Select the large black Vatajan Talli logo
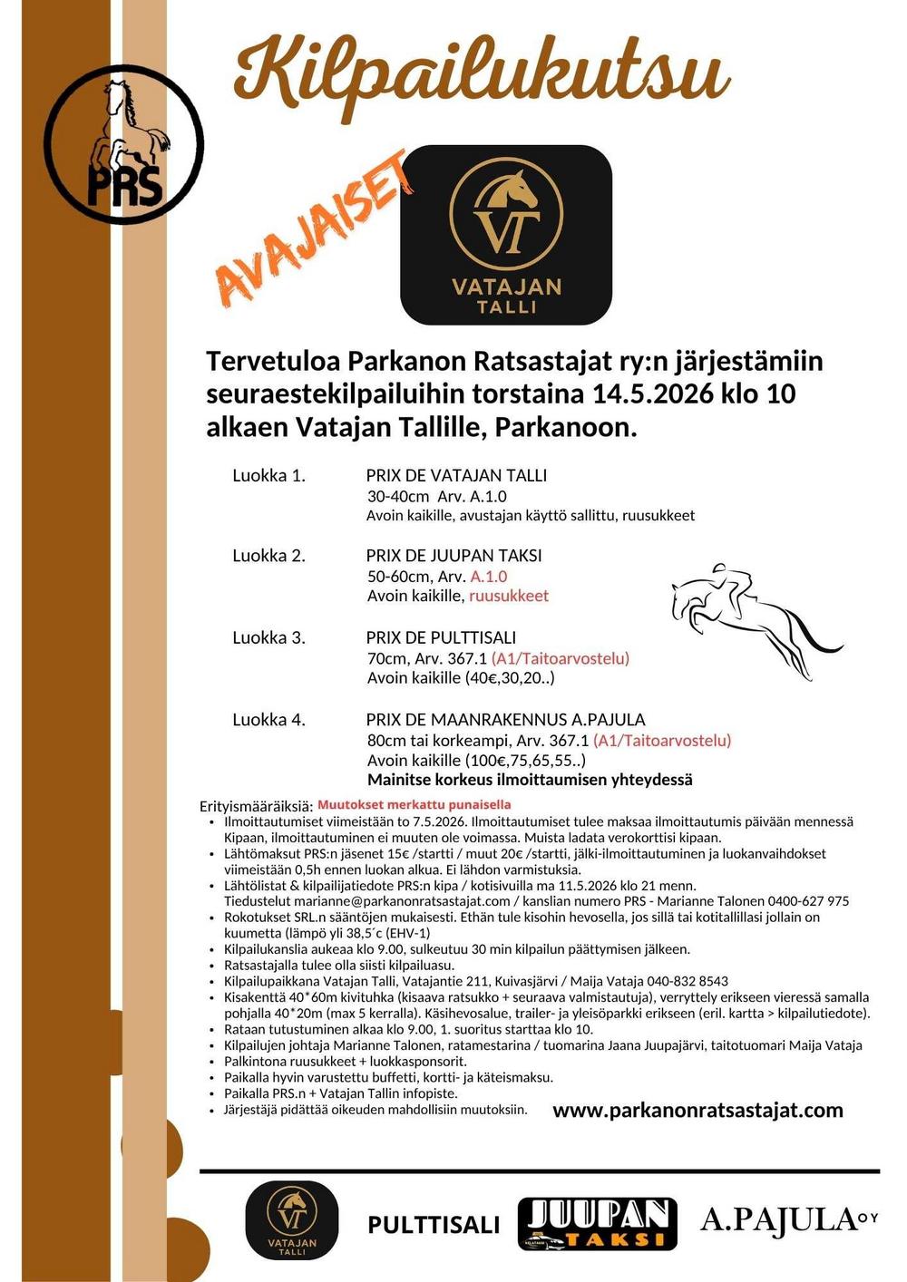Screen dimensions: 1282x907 coord(506,235)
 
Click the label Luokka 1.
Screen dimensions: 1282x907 coord(268,475)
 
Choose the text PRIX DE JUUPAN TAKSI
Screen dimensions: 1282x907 coord(453,555)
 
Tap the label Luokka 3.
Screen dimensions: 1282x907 coord(268,637)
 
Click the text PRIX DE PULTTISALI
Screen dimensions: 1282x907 coord(441,637)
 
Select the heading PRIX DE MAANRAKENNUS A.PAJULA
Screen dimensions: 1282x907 coord(505,719)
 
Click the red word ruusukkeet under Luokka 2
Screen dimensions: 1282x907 coord(508,596)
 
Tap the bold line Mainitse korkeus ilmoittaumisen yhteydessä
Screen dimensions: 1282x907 coord(530,780)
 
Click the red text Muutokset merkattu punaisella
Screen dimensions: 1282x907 coord(414,804)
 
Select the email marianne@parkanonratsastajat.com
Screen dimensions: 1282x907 coord(367,901)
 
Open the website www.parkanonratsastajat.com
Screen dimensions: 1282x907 coord(697,1110)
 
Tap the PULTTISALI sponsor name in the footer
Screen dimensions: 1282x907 coord(434,1225)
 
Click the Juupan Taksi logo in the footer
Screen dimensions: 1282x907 coord(598,1224)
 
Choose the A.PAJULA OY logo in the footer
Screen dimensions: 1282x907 coord(788,1219)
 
